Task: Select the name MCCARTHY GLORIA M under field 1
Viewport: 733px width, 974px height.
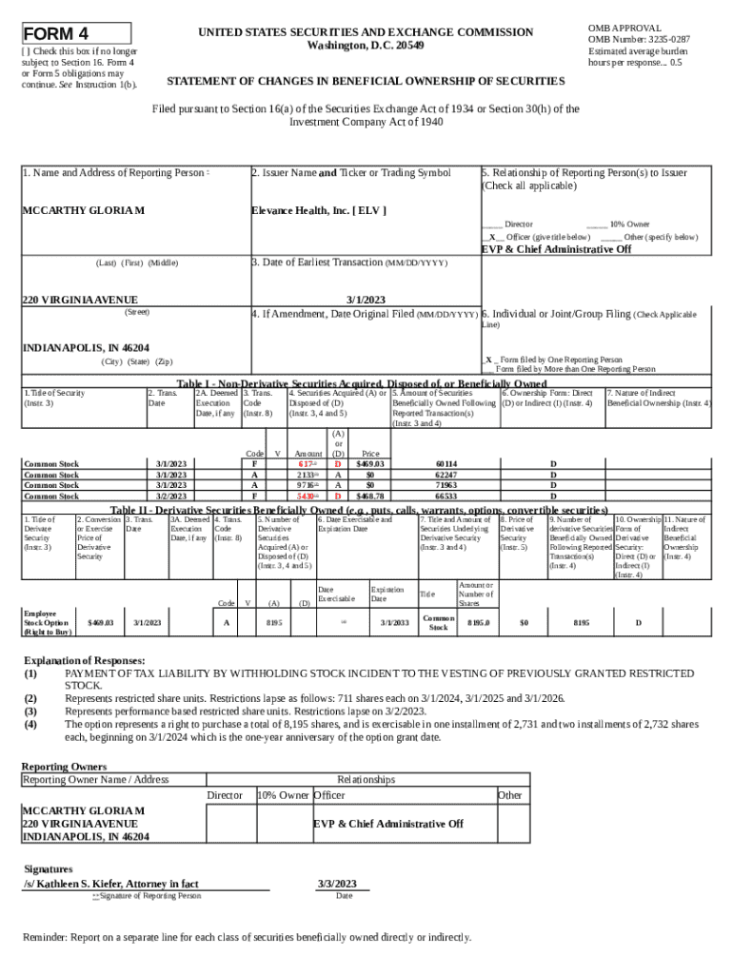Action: click(x=84, y=210)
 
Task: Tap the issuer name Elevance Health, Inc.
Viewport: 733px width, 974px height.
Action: click(x=318, y=210)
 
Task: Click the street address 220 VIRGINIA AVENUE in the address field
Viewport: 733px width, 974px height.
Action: click(x=80, y=301)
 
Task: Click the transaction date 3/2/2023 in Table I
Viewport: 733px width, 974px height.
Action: click(x=171, y=496)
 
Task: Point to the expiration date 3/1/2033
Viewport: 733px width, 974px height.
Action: click(x=393, y=623)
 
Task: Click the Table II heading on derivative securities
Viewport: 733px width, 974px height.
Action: click(x=359, y=510)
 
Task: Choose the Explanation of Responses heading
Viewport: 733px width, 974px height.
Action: click(x=84, y=660)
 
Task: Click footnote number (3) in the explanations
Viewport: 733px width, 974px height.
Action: click(x=30, y=711)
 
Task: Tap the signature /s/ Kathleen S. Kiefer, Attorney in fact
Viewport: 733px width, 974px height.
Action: click(x=110, y=884)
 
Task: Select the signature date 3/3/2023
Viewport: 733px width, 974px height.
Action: click(x=336, y=884)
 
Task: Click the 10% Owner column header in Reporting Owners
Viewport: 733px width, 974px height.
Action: click(x=283, y=795)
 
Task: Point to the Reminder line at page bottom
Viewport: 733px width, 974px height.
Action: click(x=247, y=938)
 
